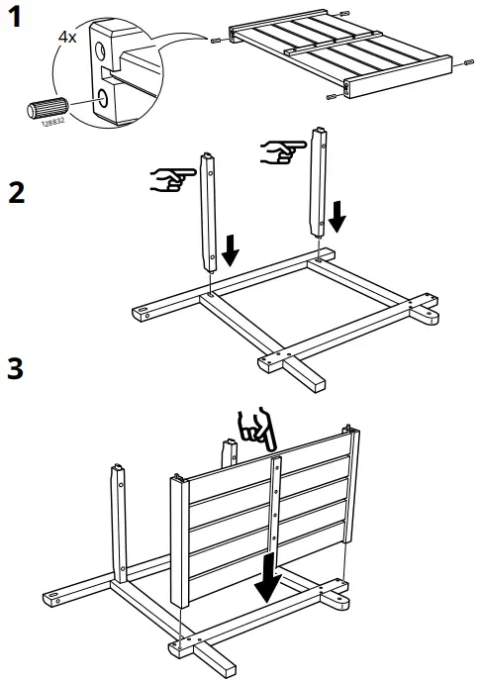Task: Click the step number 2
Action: point(16,191)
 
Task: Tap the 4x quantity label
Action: point(67,37)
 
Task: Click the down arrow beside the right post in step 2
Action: point(337,214)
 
